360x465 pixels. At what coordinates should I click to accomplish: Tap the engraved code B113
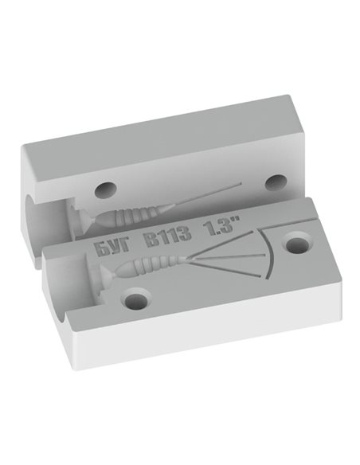pyautogui.click(x=167, y=240)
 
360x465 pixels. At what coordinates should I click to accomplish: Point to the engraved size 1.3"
pyautogui.click(x=221, y=227)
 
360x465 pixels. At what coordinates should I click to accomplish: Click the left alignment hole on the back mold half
pyautogui.click(x=105, y=190)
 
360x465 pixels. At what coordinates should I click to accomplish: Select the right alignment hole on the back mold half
pyautogui.click(x=276, y=182)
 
